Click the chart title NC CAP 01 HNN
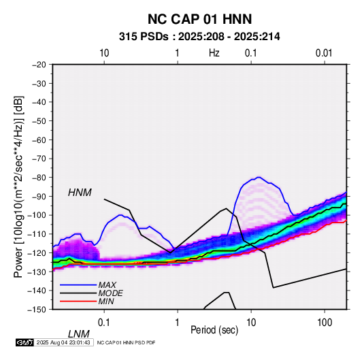click(199, 19)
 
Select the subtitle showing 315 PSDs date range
click(199, 37)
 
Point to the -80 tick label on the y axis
click(39, 178)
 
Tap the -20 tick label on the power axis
click(39, 65)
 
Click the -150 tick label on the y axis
click(37, 310)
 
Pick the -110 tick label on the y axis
click(37, 234)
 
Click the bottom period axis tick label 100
click(325, 323)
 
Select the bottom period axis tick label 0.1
click(104, 323)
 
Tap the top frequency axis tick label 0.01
click(324, 53)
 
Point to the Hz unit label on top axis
click(214, 53)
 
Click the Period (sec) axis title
click(214, 330)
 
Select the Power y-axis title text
click(18, 186)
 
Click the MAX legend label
click(107, 285)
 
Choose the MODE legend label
click(110, 293)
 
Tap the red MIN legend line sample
click(78, 301)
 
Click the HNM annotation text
click(80, 193)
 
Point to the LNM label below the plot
click(79, 334)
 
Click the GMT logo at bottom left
click(25, 342)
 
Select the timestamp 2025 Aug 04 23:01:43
click(63, 342)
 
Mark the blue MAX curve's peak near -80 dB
click(259, 177)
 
